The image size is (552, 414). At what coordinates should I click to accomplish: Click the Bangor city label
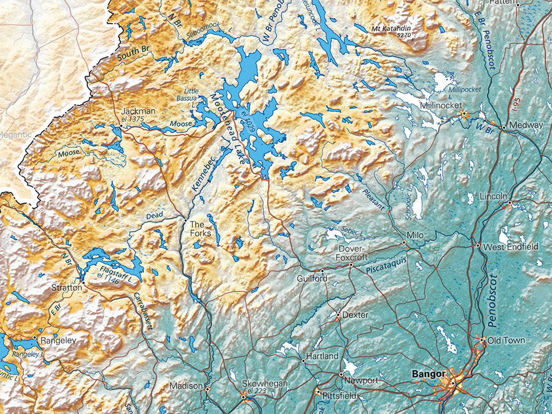pyautogui.click(x=428, y=374)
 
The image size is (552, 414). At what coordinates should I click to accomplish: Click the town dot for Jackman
pyautogui.click(x=121, y=127)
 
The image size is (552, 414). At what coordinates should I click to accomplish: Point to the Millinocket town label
pyautogui.click(x=439, y=106)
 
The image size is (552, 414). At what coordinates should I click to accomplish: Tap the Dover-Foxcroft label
pyautogui.click(x=353, y=253)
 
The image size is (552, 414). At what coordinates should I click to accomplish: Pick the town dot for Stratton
pyautogui.click(x=83, y=281)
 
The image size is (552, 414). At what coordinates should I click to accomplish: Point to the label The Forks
pyautogui.click(x=197, y=229)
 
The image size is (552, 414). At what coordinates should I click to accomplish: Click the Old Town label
pyautogui.click(x=506, y=341)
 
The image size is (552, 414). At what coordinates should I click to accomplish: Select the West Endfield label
pyautogui.click(x=510, y=247)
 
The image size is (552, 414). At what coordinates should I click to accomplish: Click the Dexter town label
pyautogui.click(x=355, y=315)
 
